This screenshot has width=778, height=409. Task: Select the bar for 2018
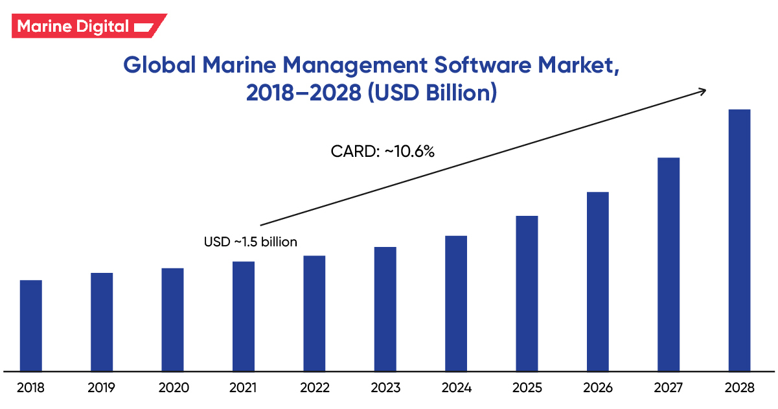pos(31,325)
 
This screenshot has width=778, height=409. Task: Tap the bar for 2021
pos(244,316)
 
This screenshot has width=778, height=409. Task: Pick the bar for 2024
pos(456,303)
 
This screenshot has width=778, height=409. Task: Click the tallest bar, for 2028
pos(739,240)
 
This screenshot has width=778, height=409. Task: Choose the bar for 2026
pos(598,281)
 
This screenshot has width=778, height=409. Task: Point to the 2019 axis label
pos(102,388)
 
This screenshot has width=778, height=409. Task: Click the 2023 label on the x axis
pos(385,388)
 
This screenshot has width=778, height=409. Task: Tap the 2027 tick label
pos(669,388)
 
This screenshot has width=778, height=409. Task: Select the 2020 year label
pos(173,388)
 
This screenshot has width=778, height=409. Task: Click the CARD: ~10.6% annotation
pos(382,152)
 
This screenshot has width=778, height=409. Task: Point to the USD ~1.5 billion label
pos(251,242)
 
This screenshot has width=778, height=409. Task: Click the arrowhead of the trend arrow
pos(702,91)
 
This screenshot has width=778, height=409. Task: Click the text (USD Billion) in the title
pos(433,93)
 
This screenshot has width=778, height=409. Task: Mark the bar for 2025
pos(527,293)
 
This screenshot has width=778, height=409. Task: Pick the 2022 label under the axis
pos(314,388)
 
